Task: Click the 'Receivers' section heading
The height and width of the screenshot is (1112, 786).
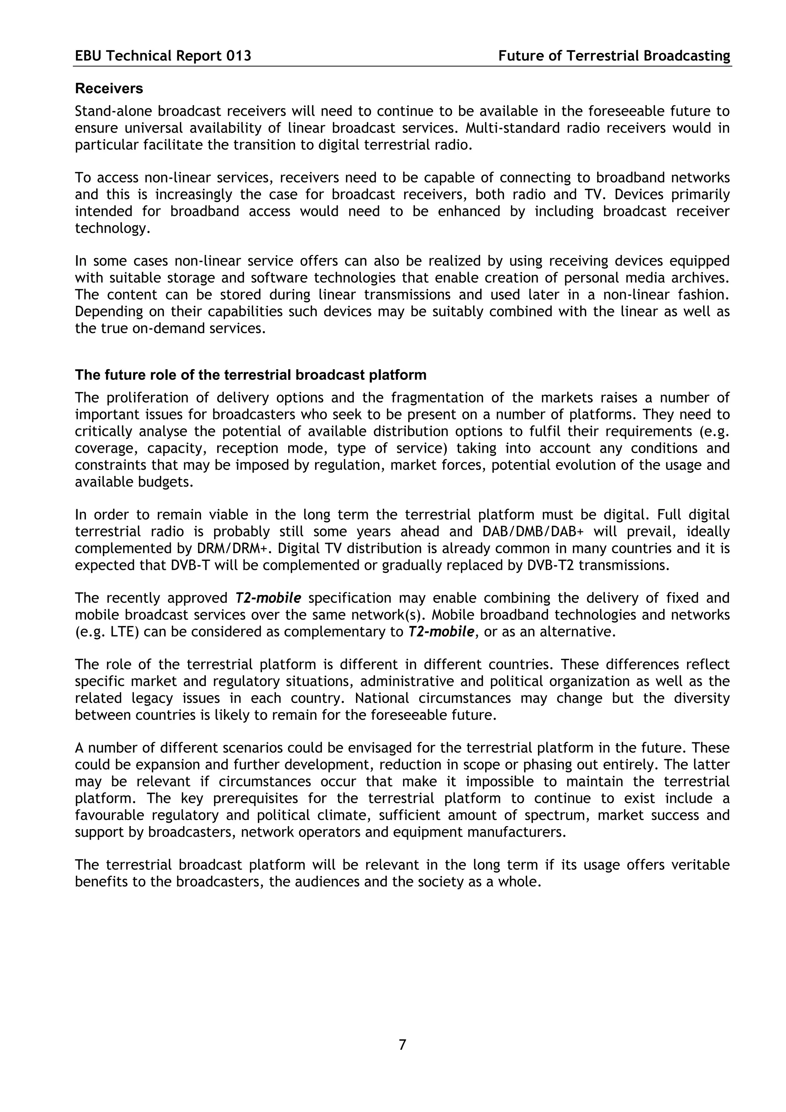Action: (x=109, y=89)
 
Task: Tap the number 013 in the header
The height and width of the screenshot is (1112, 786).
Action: (x=239, y=56)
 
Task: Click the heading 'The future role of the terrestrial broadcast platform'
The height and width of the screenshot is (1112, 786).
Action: (x=250, y=375)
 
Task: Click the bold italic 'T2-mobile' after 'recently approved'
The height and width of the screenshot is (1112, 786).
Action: (x=268, y=598)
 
